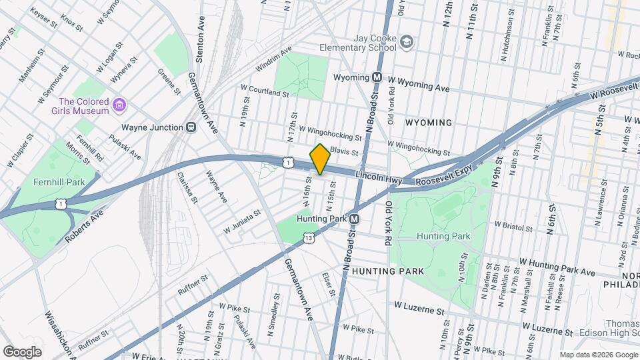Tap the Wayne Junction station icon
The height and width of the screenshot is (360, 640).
[x=191, y=127]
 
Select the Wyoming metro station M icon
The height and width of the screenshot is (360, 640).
[x=377, y=77]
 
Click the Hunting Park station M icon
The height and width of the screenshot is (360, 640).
[x=355, y=219]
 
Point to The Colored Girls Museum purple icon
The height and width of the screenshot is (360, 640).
[x=119, y=104]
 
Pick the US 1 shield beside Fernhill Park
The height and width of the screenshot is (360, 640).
[x=61, y=203]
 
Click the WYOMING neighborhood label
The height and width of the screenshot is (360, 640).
[x=429, y=123]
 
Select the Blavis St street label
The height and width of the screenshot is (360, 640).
[x=344, y=153]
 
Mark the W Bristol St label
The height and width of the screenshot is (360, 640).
[x=518, y=225]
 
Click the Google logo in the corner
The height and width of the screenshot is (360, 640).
[x=22, y=351]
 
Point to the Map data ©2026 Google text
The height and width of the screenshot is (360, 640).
[x=597, y=355]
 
